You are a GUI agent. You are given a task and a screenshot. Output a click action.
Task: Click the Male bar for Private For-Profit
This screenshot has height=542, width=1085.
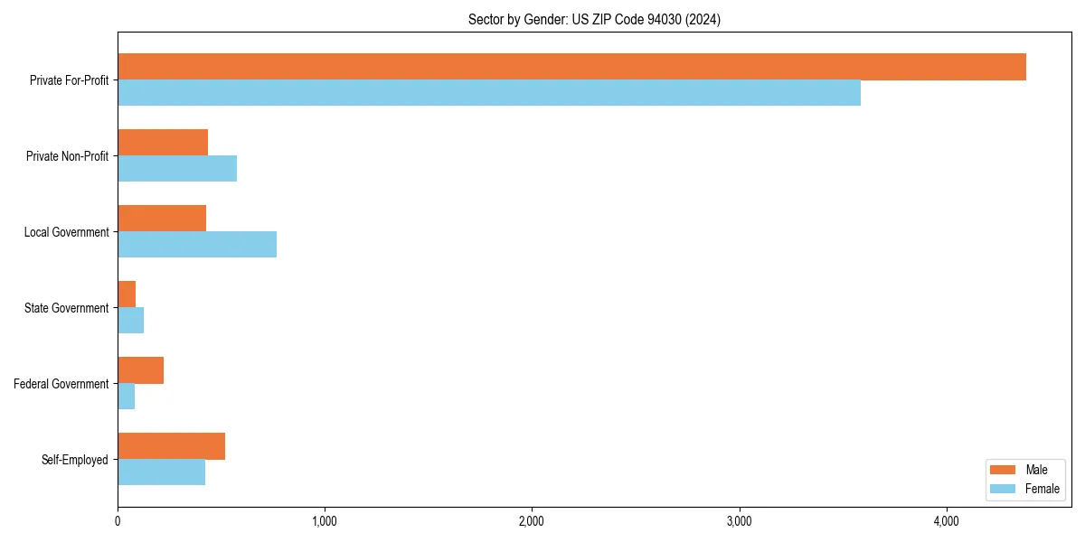click(571, 67)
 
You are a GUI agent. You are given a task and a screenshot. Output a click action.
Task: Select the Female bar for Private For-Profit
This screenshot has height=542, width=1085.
click(489, 93)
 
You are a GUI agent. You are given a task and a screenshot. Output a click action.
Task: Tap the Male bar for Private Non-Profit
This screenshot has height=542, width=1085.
click(163, 143)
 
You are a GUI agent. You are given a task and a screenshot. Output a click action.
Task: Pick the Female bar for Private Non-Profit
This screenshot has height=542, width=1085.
click(177, 169)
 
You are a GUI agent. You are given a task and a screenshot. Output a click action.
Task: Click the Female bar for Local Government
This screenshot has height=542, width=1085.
click(197, 245)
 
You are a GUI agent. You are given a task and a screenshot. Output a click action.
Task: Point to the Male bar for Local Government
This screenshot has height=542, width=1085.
click(162, 219)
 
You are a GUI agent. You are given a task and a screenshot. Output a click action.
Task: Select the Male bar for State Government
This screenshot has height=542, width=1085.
click(127, 294)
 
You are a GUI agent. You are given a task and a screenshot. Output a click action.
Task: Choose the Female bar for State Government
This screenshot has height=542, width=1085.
click(131, 321)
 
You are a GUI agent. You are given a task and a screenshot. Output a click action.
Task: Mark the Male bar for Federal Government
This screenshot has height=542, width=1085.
click(141, 370)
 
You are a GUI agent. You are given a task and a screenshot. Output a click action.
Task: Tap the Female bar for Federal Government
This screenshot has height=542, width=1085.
click(127, 397)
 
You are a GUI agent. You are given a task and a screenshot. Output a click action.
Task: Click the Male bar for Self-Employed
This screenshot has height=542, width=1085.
click(172, 446)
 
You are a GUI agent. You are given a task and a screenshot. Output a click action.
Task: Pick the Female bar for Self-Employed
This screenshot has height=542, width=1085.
click(162, 472)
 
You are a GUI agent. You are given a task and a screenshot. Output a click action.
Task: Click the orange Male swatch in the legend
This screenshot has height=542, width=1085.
click(1004, 470)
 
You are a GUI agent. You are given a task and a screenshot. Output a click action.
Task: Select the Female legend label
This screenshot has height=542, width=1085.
click(1042, 489)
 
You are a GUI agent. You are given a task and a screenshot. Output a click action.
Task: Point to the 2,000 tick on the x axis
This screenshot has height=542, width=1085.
click(532, 521)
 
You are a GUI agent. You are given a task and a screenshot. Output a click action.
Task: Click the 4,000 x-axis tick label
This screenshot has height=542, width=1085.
click(946, 521)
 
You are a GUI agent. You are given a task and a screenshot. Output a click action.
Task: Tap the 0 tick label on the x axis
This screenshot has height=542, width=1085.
click(118, 521)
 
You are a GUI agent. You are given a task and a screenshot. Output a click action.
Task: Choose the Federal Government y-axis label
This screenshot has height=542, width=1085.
click(61, 384)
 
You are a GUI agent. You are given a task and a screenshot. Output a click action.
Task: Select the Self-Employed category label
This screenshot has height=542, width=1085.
click(75, 460)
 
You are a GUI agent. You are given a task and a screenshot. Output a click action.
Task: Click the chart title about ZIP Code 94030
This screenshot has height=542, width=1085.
click(594, 20)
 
